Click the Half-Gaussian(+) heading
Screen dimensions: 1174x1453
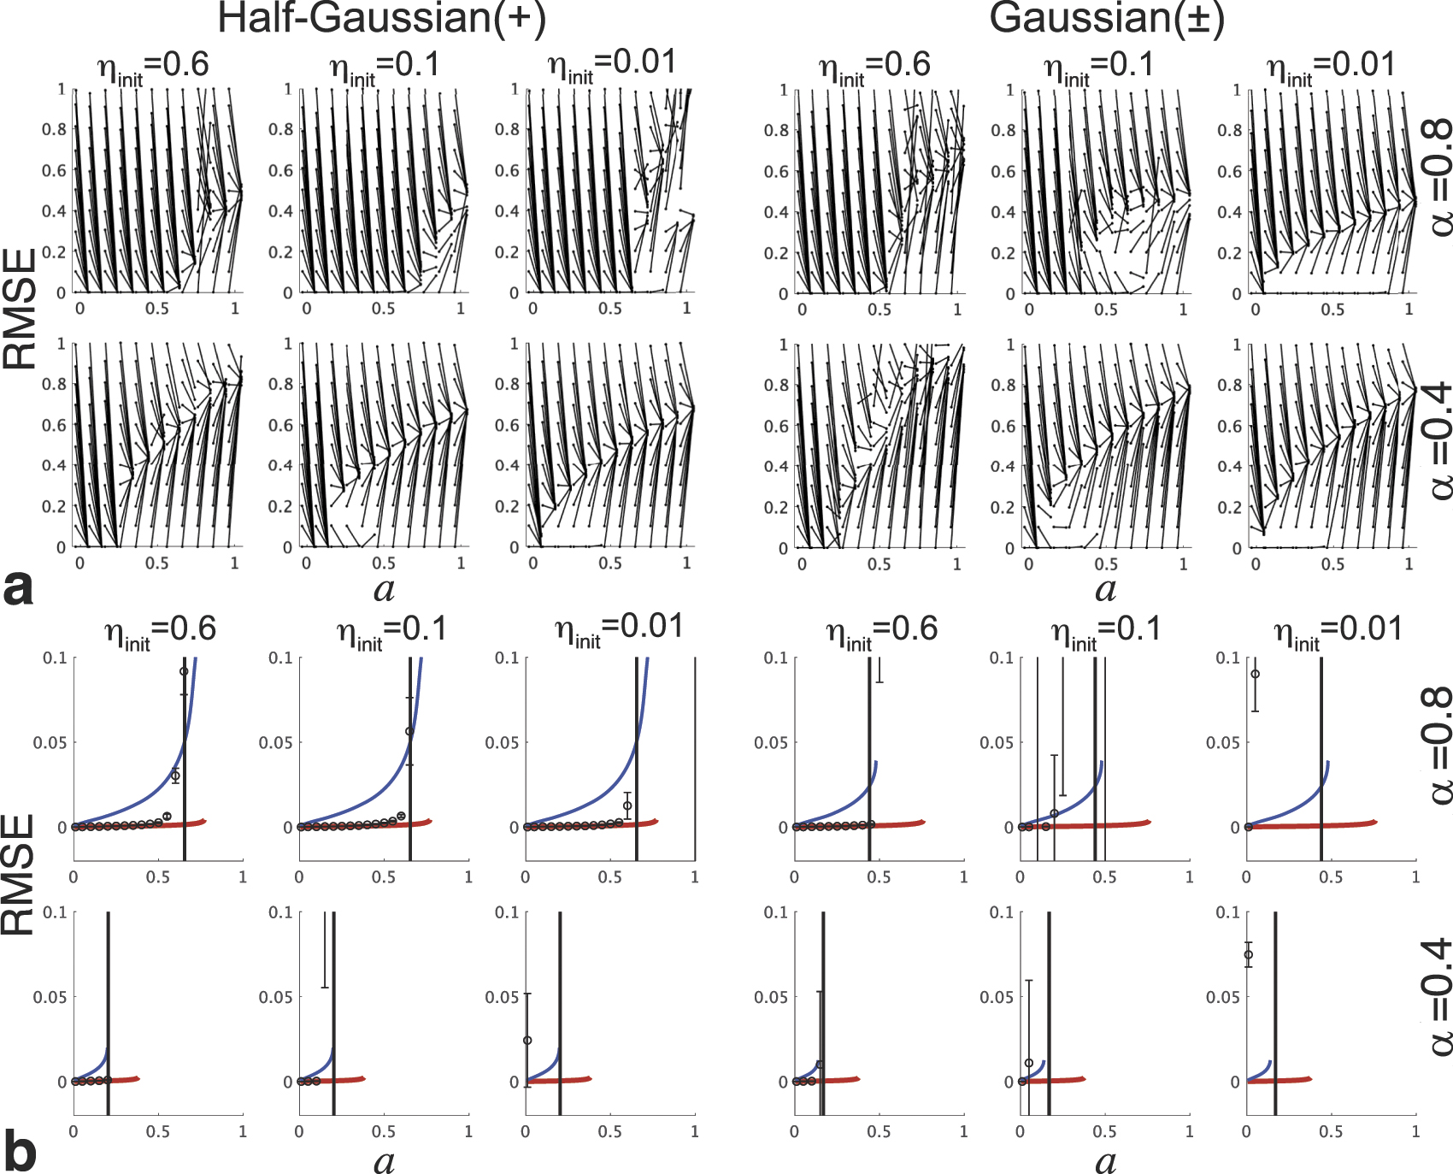tap(381, 19)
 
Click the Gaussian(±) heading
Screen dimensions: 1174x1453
tap(1107, 19)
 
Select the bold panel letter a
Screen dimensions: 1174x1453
tap(18, 589)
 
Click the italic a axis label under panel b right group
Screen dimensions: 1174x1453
tap(1105, 1161)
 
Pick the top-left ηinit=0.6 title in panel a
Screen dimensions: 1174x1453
tap(154, 67)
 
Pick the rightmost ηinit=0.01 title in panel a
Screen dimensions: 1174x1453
tap(1331, 67)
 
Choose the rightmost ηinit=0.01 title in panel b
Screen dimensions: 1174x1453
tap(1338, 631)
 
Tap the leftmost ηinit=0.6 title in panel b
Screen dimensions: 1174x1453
tap(161, 631)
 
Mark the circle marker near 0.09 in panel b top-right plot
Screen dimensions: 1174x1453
tap(1255, 674)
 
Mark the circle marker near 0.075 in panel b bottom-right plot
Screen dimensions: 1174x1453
tap(1249, 955)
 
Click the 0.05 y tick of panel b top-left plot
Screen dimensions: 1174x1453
tap(50, 742)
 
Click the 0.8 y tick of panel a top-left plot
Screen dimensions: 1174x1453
tap(54, 129)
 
